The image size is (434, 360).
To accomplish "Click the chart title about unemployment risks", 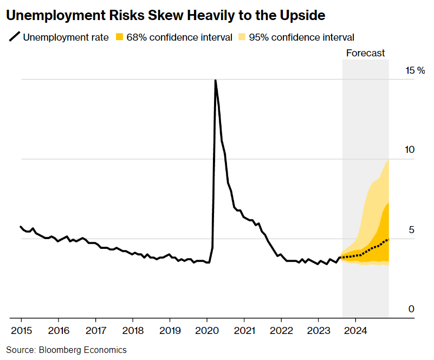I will point(165,16).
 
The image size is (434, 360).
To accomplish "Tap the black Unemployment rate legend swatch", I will point(15,37).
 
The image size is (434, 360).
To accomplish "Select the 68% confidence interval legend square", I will point(119,37).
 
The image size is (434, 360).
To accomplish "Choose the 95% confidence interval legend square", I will point(242,37).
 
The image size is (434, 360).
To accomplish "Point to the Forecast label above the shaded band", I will point(365,53).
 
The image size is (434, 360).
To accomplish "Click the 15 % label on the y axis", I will point(416,70).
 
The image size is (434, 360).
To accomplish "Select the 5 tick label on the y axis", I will point(411,230).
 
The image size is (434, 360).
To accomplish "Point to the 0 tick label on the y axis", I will point(411,309).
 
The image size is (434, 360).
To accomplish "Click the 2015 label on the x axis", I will point(22,330).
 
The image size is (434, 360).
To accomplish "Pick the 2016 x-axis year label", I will point(59,330).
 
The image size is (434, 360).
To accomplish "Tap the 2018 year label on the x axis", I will point(133,330).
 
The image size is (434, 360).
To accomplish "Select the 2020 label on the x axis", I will point(208,330).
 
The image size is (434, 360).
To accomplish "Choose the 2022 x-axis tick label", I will point(282,330).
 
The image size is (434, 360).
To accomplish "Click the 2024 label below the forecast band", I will point(357,330).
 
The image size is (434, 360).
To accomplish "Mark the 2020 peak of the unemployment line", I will point(215,80).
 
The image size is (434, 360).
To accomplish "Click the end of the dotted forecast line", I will point(388,240).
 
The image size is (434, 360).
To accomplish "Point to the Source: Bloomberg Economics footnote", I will point(67,350).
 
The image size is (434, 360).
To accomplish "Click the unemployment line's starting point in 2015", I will point(21,227).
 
